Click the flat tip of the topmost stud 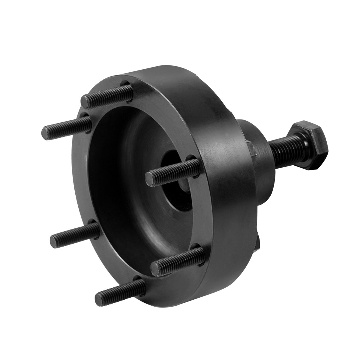point(86,102)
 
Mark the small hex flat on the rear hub point(251,150)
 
